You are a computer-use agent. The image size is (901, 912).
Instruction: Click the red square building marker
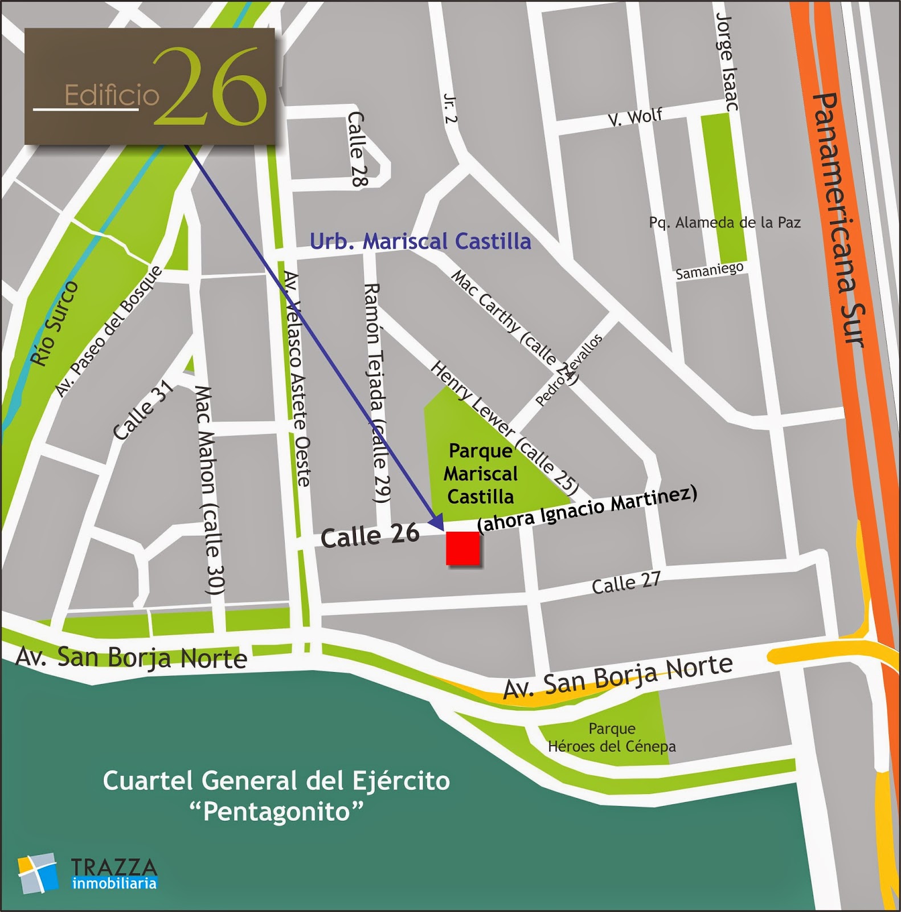click(462, 548)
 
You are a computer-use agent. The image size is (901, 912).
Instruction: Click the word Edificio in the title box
click(112, 95)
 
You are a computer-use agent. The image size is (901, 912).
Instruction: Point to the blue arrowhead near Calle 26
click(437, 521)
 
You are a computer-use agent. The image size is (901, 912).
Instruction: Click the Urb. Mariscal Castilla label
click(420, 241)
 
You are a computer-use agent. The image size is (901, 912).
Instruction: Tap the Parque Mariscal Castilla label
click(481, 474)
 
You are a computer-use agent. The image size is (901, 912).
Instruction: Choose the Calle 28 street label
click(356, 149)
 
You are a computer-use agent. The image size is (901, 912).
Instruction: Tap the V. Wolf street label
click(634, 117)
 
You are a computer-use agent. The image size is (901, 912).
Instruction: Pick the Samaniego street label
click(709, 271)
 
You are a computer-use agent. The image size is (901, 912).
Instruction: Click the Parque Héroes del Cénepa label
click(612, 738)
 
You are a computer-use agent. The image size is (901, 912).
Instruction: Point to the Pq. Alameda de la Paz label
click(724, 222)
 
